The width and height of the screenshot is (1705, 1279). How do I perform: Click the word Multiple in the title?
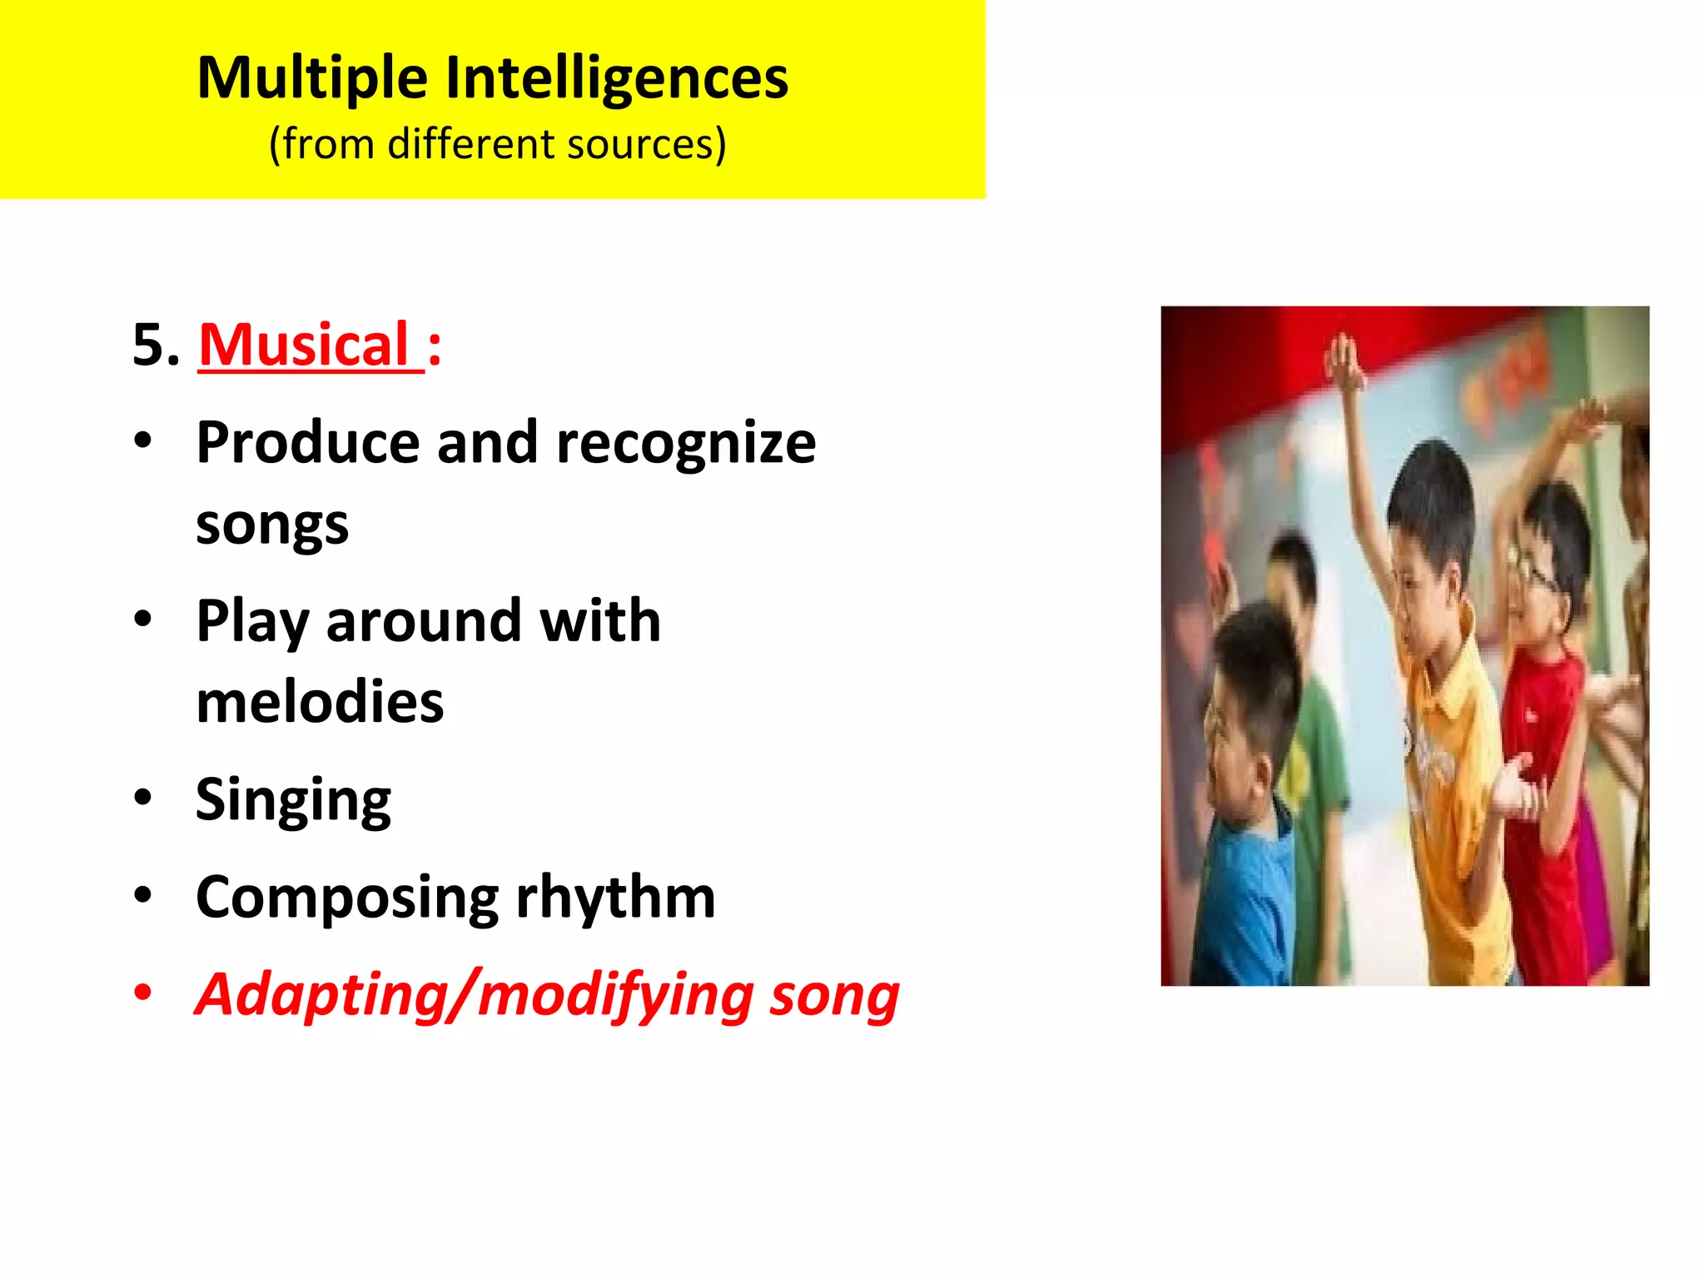click(313, 79)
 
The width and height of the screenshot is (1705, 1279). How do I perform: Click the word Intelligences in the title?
click(617, 77)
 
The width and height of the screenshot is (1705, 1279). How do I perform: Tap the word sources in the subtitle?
click(647, 144)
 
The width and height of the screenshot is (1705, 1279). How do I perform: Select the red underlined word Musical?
click(304, 345)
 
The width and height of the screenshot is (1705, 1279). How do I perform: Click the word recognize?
click(686, 443)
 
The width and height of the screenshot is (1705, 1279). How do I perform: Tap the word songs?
click(272, 525)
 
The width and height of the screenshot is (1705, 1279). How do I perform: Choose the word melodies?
click(320, 702)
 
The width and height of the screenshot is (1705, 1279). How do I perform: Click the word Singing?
click(293, 800)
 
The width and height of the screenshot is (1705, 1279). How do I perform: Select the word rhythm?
click(615, 898)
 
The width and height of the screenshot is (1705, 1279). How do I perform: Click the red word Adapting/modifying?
click(474, 996)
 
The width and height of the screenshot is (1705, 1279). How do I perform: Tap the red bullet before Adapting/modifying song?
click(143, 993)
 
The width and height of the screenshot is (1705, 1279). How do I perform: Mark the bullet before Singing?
click(143, 797)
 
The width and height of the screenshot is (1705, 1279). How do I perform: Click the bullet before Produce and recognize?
click(143, 440)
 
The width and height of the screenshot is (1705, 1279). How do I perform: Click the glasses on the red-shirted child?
click(1536, 575)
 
